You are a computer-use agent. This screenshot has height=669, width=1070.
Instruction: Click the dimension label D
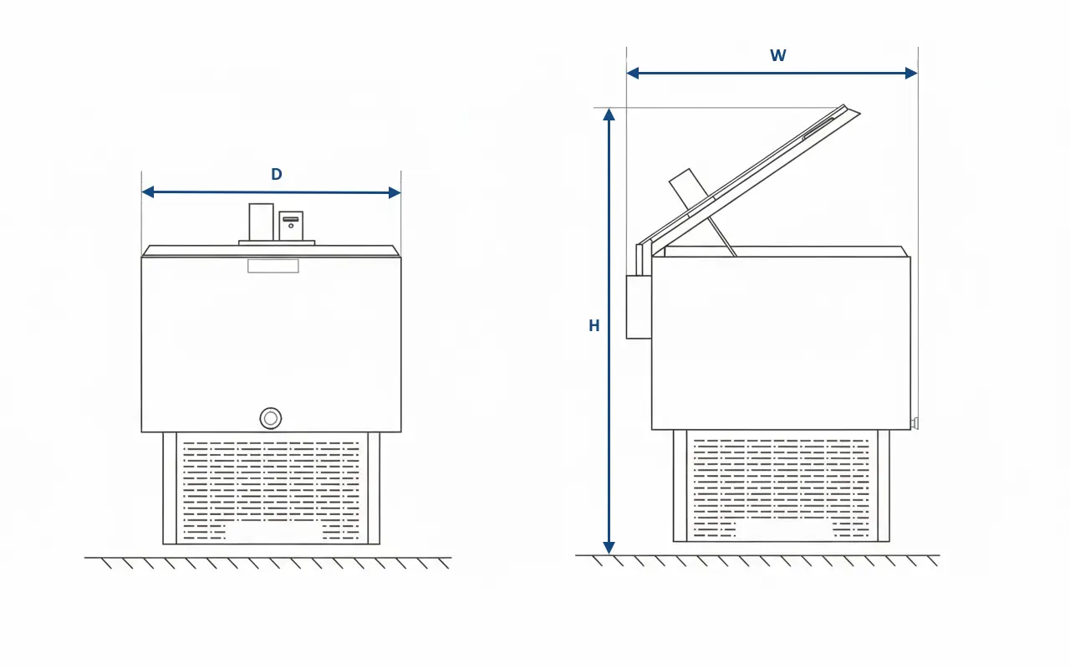pyautogui.click(x=277, y=175)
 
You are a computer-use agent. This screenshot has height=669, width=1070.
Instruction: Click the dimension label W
pyautogui.click(x=778, y=55)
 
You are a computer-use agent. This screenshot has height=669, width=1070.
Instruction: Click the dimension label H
pyautogui.click(x=594, y=326)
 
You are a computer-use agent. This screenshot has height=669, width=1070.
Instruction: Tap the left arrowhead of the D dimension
pyautogui.click(x=148, y=192)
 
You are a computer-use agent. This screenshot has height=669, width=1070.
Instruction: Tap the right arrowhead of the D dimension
pyautogui.click(x=395, y=192)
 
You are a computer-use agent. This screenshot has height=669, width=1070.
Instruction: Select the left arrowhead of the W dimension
pyautogui.click(x=633, y=73)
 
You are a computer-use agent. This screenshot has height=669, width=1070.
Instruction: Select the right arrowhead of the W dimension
pyautogui.click(x=911, y=73)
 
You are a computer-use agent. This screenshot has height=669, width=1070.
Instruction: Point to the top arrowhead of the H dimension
pyautogui.click(x=609, y=115)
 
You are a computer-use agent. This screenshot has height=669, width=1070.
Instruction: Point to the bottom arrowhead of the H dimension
pyautogui.click(x=609, y=548)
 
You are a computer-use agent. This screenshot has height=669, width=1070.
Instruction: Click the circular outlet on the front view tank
pyautogui.click(x=270, y=419)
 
